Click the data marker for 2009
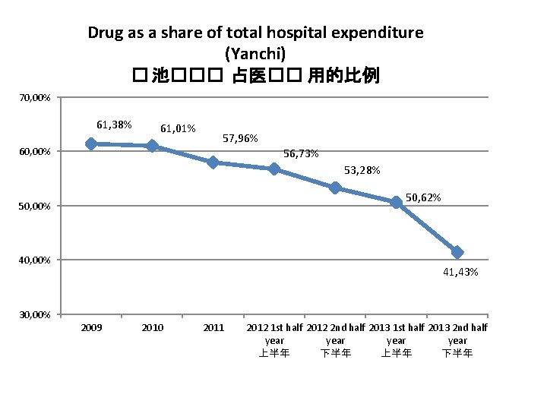coord(91,143)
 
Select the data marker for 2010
coord(152,146)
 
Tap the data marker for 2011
coord(213,162)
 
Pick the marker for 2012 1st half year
coord(274,169)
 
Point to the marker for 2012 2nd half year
coord(335,188)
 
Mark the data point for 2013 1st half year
coord(396,202)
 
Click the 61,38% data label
coord(114,124)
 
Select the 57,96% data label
coord(239,139)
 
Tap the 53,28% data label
coord(362,169)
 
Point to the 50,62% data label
coord(423,197)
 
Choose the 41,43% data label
coord(460,272)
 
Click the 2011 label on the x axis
coord(213,327)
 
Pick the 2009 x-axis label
coord(91,327)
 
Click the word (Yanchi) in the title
coord(256,53)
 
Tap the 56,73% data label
coord(301,154)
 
